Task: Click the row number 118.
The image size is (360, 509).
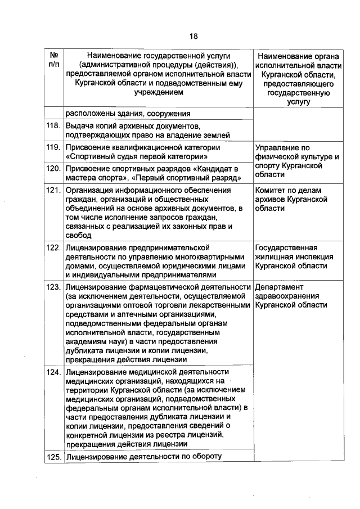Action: tap(53, 125)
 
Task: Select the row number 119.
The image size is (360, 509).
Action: tap(53, 147)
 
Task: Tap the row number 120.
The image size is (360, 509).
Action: tap(53, 169)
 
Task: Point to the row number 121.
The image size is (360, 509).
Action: tap(53, 190)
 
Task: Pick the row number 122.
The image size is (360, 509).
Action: tap(53, 247)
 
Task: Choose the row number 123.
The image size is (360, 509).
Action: tap(53, 287)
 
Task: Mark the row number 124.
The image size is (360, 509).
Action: tap(53, 372)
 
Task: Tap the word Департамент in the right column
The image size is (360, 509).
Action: tap(278, 287)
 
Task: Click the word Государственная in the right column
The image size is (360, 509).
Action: tap(286, 247)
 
